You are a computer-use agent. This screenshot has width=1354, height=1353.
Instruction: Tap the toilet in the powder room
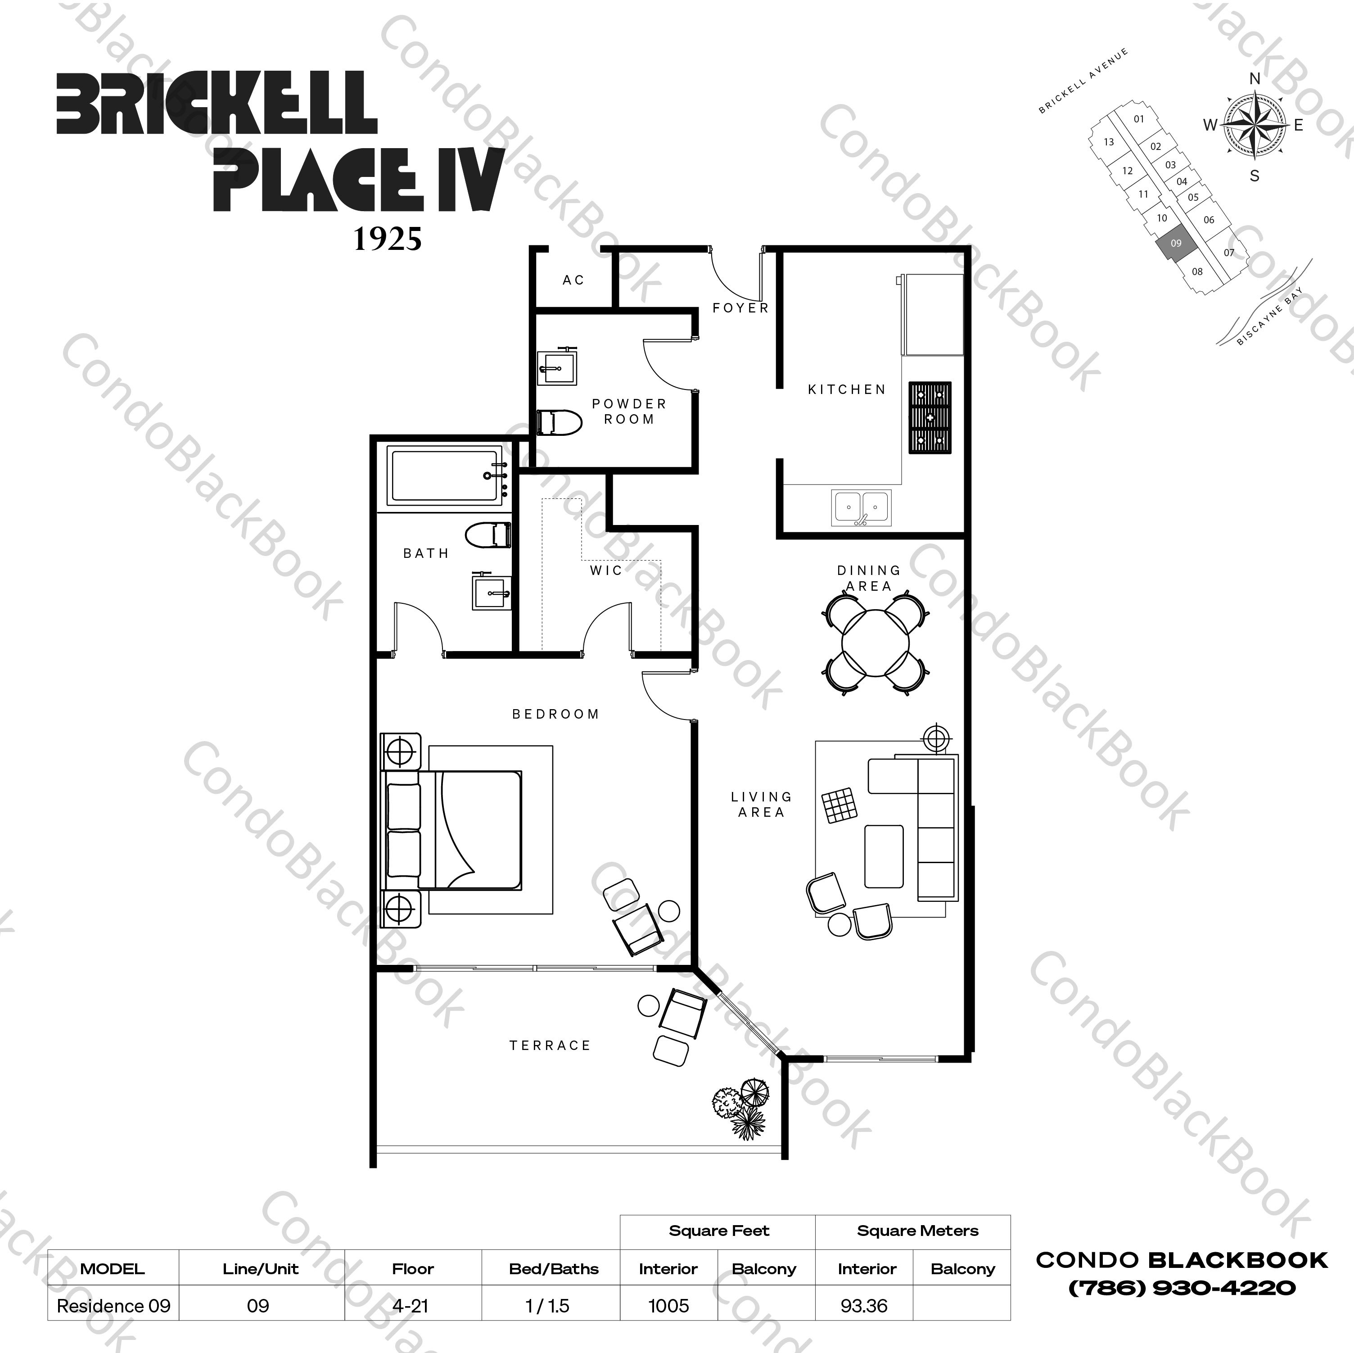tap(559, 423)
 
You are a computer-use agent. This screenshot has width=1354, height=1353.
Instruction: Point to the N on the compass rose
tap(1255, 78)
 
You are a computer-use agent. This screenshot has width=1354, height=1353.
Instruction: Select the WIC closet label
tap(605, 570)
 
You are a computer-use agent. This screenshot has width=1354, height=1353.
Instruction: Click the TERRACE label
tap(550, 1045)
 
